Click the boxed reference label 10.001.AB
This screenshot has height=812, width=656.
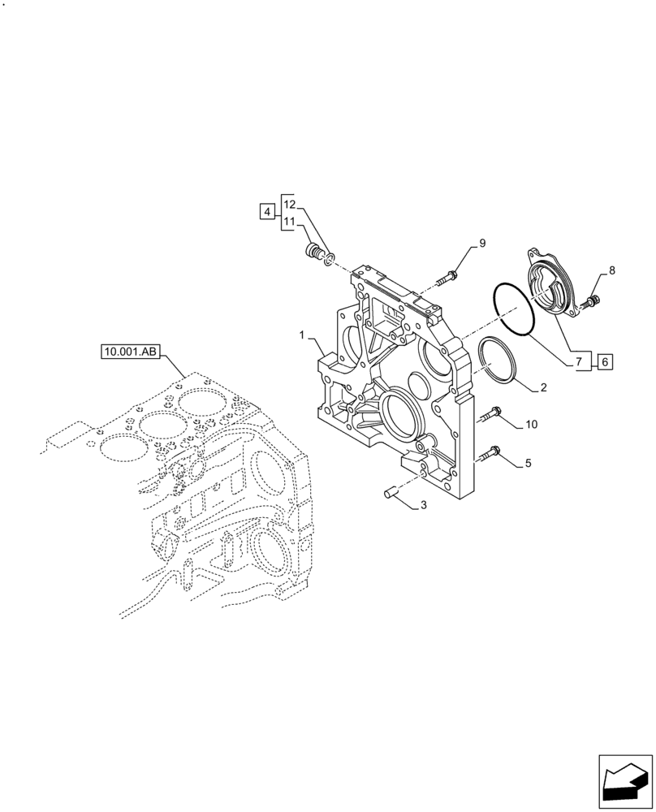(131, 352)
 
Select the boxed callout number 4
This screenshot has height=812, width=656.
(267, 212)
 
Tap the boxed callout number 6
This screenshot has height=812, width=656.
(605, 362)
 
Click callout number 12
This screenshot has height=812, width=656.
(291, 204)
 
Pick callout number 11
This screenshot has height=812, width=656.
(291, 221)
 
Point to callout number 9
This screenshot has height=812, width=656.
(481, 243)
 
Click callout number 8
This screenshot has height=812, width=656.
(611, 271)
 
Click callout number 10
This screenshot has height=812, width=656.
(531, 424)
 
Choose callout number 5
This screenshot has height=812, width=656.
(528, 464)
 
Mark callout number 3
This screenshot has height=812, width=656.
(423, 506)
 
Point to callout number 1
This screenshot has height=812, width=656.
(300, 335)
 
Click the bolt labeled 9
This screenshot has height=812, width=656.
(446, 279)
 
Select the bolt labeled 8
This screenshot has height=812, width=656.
(590, 303)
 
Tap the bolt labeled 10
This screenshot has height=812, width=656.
(490, 415)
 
